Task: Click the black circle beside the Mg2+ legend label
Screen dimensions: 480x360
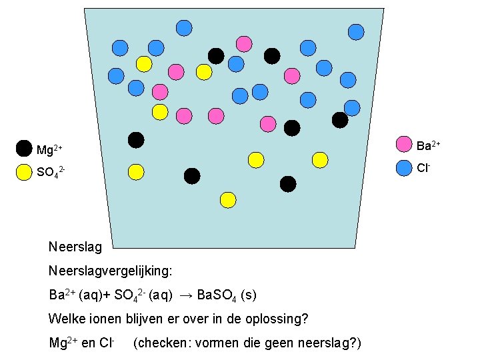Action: click(24, 148)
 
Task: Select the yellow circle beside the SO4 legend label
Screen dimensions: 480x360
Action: click(24, 172)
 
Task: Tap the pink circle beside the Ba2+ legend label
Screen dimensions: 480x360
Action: click(404, 144)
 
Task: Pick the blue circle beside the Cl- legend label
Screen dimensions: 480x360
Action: click(404, 168)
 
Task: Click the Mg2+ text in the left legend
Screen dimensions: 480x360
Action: click(49, 149)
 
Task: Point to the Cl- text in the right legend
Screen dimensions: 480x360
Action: click(423, 168)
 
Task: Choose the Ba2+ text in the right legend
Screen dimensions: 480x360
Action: click(428, 144)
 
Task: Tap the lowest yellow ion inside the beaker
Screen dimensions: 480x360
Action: click(228, 199)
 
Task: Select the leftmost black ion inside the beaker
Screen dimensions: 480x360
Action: click(136, 139)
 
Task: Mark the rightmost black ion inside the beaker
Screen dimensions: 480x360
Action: click(340, 120)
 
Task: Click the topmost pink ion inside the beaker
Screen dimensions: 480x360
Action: click(244, 44)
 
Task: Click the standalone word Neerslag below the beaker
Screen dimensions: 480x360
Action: click(75, 247)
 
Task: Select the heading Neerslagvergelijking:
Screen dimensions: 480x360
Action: click(110, 271)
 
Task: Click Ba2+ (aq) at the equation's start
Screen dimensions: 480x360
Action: click(74, 295)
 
